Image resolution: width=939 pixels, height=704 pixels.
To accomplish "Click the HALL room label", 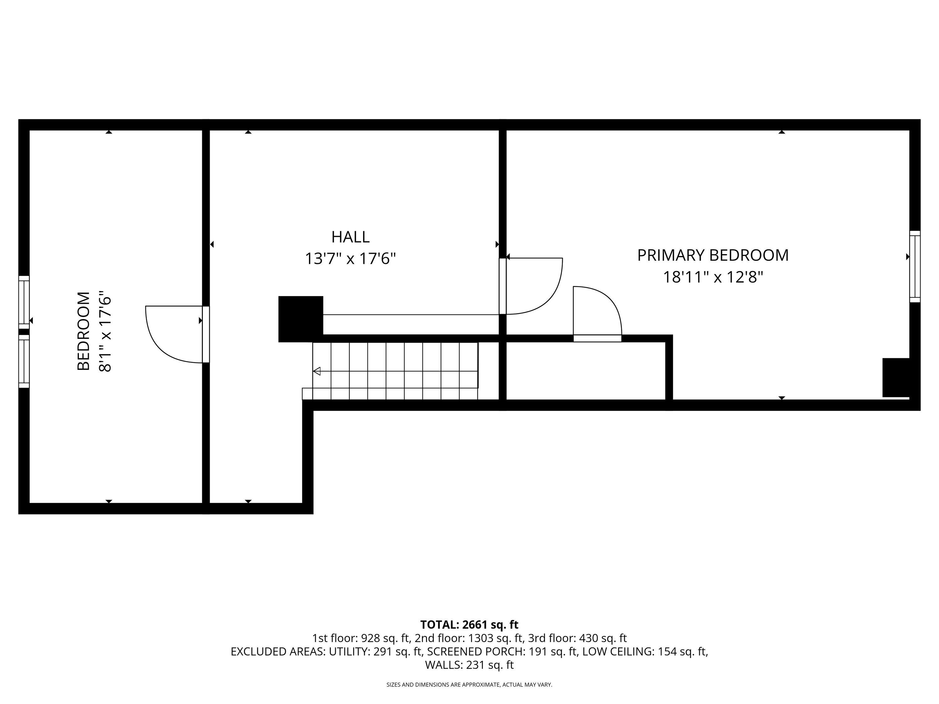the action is click(350, 237).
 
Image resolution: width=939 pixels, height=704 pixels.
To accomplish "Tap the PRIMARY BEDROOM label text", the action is click(713, 255).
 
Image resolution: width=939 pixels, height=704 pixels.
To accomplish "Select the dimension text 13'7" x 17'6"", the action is click(350, 258).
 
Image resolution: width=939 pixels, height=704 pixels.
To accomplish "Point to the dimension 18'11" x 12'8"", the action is click(713, 278).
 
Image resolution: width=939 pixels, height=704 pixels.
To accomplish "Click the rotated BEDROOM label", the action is click(84, 331).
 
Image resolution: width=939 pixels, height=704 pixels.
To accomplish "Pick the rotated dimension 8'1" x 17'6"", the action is click(105, 331).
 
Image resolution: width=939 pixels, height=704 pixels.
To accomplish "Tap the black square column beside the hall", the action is click(300, 319).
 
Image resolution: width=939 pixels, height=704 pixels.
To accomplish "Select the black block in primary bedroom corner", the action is click(896, 378).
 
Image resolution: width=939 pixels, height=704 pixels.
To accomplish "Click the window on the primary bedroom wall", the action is click(915, 267).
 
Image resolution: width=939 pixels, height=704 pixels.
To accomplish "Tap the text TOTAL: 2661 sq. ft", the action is click(469, 625).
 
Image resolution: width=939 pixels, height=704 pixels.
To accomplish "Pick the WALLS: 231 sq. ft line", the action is click(469, 665).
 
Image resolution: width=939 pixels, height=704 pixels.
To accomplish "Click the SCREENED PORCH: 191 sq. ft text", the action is click(502, 652).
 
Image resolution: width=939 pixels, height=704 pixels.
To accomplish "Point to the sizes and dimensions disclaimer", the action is click(469, 685).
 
